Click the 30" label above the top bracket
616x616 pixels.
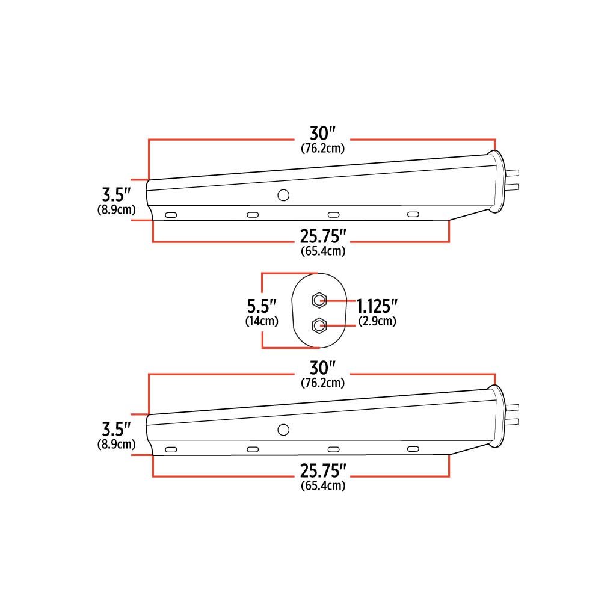[322, 134]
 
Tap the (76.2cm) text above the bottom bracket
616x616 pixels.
[323, 383]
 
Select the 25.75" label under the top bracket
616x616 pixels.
[323, 236]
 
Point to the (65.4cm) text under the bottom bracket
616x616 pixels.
[323, 485]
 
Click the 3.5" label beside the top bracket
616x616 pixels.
[116, 194]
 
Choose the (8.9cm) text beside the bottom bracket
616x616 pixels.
[117, 444]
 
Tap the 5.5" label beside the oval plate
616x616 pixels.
[262, 306]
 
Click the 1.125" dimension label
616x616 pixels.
[377, 306]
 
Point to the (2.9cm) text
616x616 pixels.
[377, 321]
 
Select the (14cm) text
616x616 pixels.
[262, 321]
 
